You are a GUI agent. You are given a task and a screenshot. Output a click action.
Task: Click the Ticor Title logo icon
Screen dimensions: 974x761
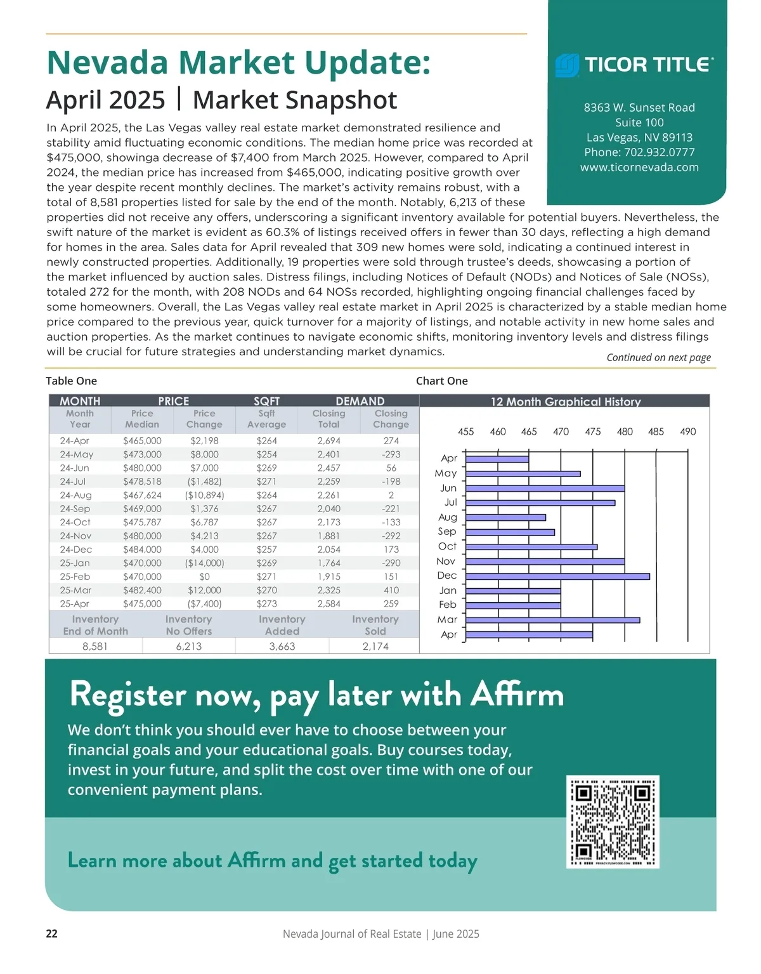pos(567,65)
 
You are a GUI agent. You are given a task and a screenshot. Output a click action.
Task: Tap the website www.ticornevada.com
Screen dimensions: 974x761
pos(639,168)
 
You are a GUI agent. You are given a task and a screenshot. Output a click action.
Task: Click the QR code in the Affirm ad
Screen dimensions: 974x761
pos(613,822)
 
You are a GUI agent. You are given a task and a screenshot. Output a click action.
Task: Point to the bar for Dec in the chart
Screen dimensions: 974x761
pos(557,576)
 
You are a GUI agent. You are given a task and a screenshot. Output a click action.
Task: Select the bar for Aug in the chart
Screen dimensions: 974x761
pos(505,517)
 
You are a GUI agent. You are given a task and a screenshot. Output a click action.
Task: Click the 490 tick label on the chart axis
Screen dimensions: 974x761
pos(687,431)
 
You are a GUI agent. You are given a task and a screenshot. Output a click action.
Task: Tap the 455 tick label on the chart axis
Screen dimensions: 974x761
pos(465,431)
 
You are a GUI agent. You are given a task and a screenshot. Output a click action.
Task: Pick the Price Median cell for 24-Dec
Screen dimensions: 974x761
pos(142,550)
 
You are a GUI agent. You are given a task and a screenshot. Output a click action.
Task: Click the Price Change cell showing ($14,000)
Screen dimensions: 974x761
pos(204,563)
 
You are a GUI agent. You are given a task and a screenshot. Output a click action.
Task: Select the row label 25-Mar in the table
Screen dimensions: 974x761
pos(75,590)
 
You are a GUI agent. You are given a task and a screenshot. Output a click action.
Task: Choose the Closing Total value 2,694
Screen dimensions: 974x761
pos(328,440)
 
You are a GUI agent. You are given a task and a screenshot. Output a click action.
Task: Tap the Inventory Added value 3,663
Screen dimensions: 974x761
pos(282,646)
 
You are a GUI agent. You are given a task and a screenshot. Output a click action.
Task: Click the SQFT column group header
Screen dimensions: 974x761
pos(266,401)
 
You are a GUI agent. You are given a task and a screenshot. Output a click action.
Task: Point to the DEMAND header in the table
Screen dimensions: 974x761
pos(360,401)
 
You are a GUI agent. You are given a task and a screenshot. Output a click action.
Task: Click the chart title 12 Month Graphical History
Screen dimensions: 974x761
pos(566,402)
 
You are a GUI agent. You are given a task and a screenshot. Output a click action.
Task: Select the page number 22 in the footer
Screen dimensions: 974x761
pos(52,933)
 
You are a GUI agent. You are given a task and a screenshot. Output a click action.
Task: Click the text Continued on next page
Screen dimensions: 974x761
pos(658,357)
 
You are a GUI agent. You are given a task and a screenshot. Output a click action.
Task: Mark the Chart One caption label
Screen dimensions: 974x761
pos(442,381)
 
